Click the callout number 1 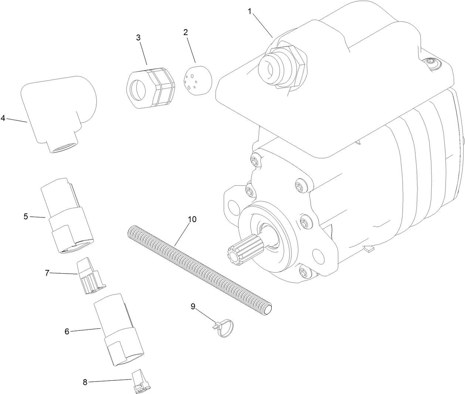coord(250,11)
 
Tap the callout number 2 coord(186,32)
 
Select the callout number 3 coord(138,37)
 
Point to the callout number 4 coord(3,118)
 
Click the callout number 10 coord(192,219)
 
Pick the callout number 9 coord(193,306)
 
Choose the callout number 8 coord(85,382)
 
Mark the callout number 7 coord(47,273)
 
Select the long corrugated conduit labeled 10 coord(200,271)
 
